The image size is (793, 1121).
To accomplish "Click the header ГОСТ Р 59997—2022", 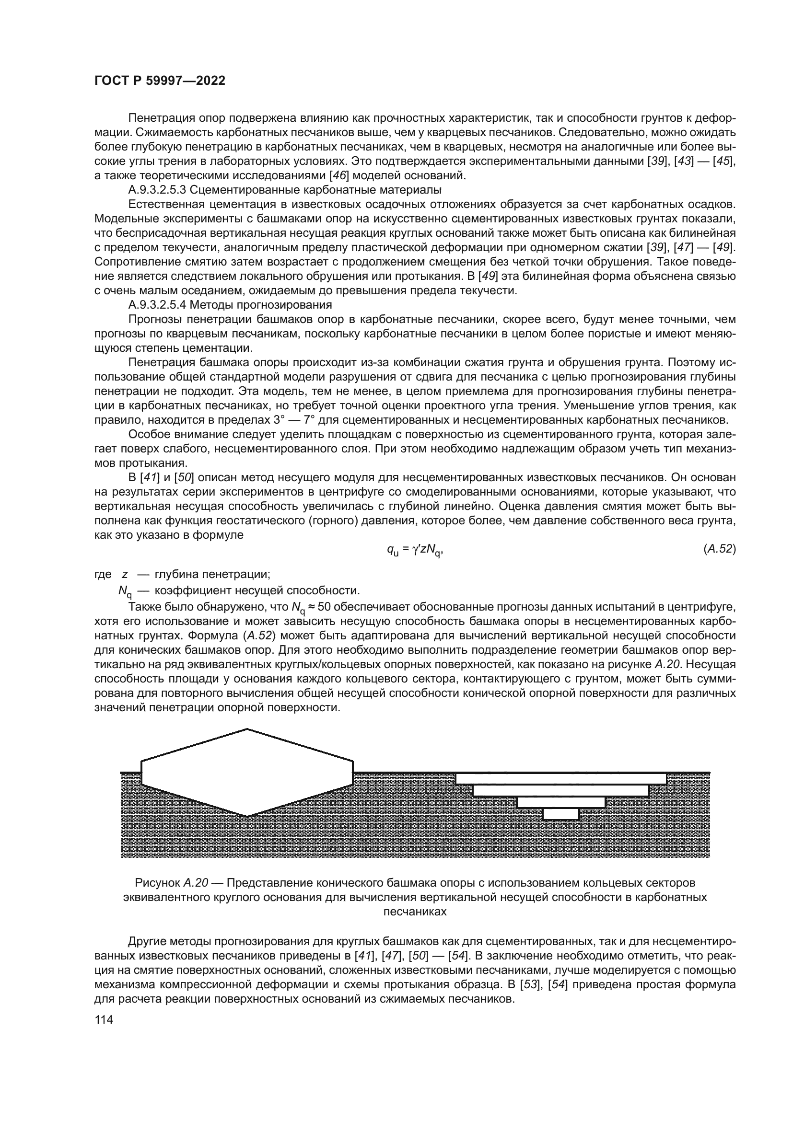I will click(x=160, y=81).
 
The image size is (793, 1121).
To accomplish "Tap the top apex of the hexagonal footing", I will click(x=247, y=730).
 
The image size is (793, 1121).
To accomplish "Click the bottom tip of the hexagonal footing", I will click(x=247, y=816).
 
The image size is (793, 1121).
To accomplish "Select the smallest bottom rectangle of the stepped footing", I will click(x=560, y=814).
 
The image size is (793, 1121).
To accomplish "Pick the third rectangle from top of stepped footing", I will click(x=560, y=802).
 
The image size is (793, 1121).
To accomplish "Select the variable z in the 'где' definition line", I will click(x=125, y=574).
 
